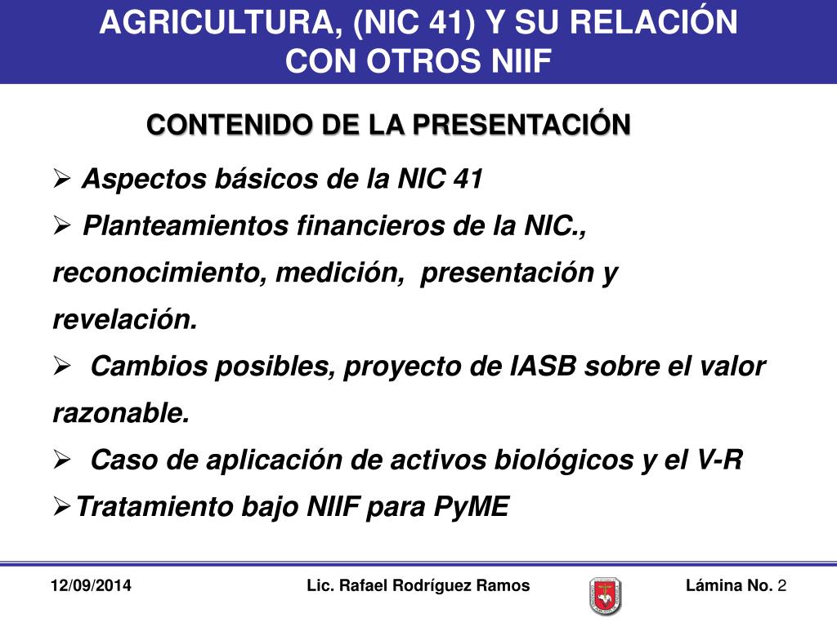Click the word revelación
click(x=125, y=319)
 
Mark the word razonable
click(x=121, y=413)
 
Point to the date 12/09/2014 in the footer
click(x=90, y=586)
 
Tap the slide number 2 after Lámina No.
click(x=782, y=586)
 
